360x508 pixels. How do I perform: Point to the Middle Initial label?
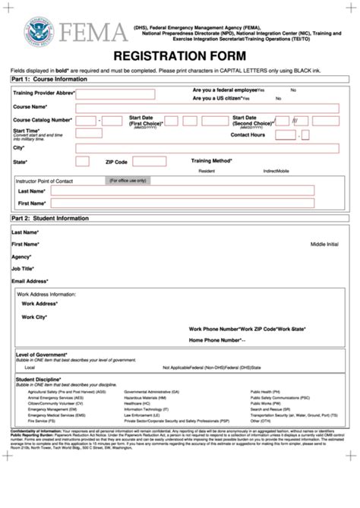point(327,245)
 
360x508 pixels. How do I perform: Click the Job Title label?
point(23,268)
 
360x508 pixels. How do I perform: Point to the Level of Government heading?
point(41,355)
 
